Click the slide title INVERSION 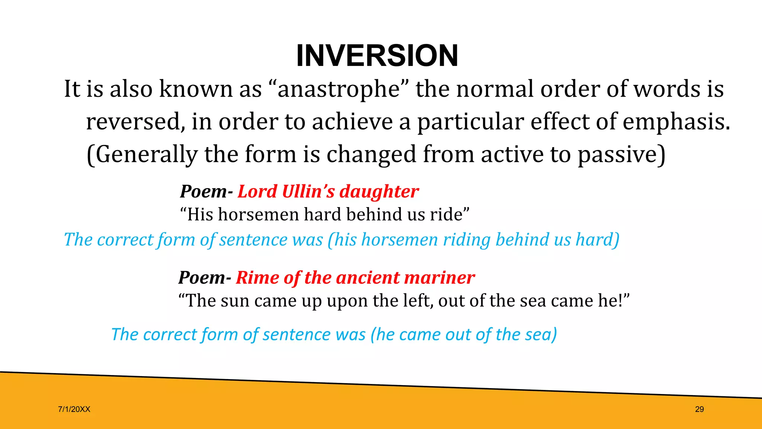point(377,56)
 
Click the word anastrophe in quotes point(338,89)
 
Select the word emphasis point(676,122)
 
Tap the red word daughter point(379,192)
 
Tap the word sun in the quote point(234,301)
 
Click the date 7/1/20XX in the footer point(74,409)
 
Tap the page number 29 point(699,409)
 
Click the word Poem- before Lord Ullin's point(206,192)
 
